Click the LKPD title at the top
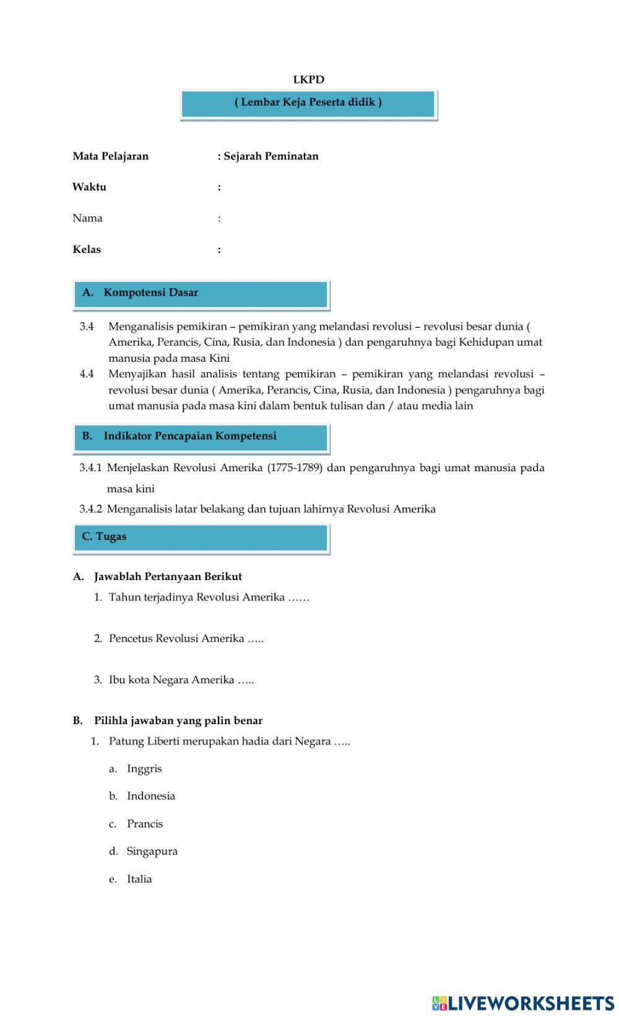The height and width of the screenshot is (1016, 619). [x=308, y=80]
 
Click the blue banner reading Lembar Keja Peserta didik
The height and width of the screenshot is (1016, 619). [x=308, y=103]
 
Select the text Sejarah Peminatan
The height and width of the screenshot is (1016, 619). [x=271, y=156]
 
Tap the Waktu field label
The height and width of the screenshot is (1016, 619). [x=89, y=187]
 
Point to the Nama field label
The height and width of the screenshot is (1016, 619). [x=87, y=218]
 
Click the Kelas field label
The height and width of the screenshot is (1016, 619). [x=87, y=250]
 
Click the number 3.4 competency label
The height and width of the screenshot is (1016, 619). [x=87, y=327]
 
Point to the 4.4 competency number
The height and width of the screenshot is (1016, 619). [x=87, y=374]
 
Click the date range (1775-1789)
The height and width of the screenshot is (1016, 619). [x=295, y=468]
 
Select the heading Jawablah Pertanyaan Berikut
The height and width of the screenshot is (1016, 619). [x=168, y=577]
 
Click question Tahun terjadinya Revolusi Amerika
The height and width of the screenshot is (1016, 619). [x=209, y=597]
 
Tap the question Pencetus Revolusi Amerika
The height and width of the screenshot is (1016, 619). [x=186, y=639]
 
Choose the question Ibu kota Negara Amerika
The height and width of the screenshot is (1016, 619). [x=181, y=680]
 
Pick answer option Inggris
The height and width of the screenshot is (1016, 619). [x=144, y=769]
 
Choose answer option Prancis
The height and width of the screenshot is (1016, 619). [x=145, y=824]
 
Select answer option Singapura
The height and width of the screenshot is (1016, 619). [x=152, y=852]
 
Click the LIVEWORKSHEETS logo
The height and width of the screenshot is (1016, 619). [x=523, y=1002]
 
